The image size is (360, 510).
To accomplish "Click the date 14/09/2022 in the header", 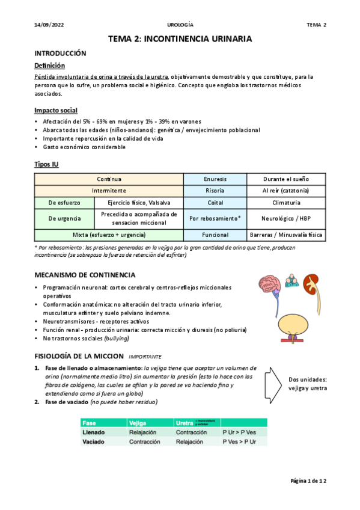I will tap(49, 25).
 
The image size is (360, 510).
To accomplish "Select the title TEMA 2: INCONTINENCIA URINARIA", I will tap(180, 39).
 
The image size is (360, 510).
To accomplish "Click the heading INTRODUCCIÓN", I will tap(60, 54).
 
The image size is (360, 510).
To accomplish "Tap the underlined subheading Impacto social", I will tap(56, 111).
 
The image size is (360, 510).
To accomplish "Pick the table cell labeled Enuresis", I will tap(215, 179).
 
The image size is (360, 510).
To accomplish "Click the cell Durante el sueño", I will tap(286, 179).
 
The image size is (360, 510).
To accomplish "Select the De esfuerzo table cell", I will tap(64, 203).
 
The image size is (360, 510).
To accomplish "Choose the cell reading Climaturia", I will tap(286, 203).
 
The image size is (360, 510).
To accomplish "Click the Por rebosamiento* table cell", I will tap(215, 218).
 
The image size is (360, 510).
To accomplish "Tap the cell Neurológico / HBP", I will tap(286, 218).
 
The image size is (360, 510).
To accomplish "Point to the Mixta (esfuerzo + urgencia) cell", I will tap(109, 235).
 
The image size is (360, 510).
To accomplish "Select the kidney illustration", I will tap(310, 283).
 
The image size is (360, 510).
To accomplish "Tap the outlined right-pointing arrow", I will tap(274, 379).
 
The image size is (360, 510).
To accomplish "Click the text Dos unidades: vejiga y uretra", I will tap(308, 384).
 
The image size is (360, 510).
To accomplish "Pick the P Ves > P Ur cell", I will tap(236, 441).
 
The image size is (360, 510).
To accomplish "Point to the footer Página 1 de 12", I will tap(308, 481).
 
